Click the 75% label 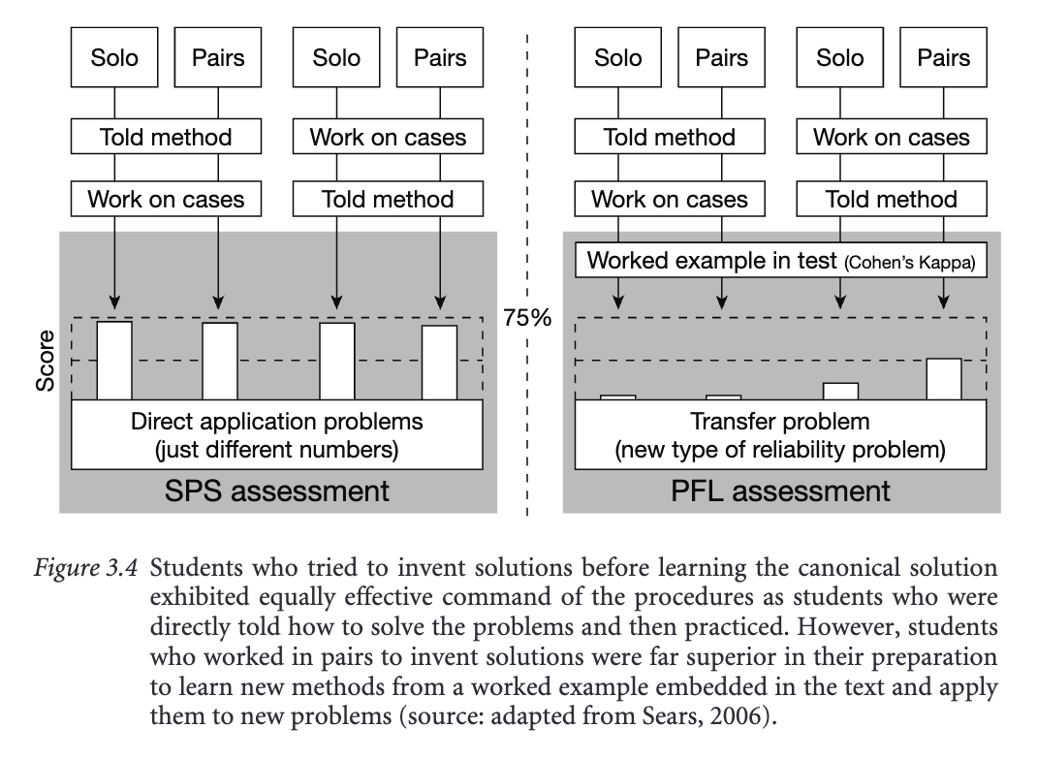click(526, 317)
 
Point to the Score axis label click(45, 364)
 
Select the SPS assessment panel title click(277, 491)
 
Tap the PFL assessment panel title click(780, 491)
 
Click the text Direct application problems click(277, 422)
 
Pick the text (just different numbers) click(277, 450)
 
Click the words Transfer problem click(780, 422)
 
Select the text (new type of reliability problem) click(780, 450)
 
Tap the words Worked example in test click(712, 261)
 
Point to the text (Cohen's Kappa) click(909, 263)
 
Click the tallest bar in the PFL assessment click(944, 379)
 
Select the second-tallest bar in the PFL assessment click(840, 391)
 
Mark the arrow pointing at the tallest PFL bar click(944, 291)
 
